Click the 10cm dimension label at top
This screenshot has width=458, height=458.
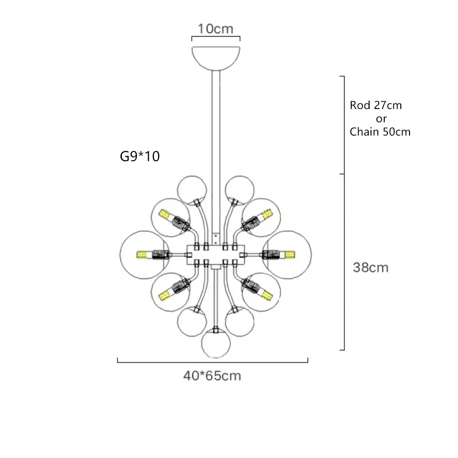pyautogui.click(x=215, y=28)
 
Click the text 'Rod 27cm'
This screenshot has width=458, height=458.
pyautogui.click(x=376, y=105)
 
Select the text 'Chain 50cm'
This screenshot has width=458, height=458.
pyautogui.click(x=380, y=132)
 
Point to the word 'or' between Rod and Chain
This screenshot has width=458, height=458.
pyautogui.click(x=381, y=119)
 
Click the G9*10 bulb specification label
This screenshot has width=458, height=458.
pyautogui.click(x=140, y=157)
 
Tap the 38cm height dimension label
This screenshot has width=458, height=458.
pyautogui.click(x=371, y=267)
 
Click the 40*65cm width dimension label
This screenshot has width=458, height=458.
pyautogui.click(x=212, y=376)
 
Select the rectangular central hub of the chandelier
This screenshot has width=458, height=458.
pyautogui.click(x=216, y=254)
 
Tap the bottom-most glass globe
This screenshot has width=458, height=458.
pyautogui.click(x=216, y=342)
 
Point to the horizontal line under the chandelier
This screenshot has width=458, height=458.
pyautogui.click(x=213, y=362)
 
